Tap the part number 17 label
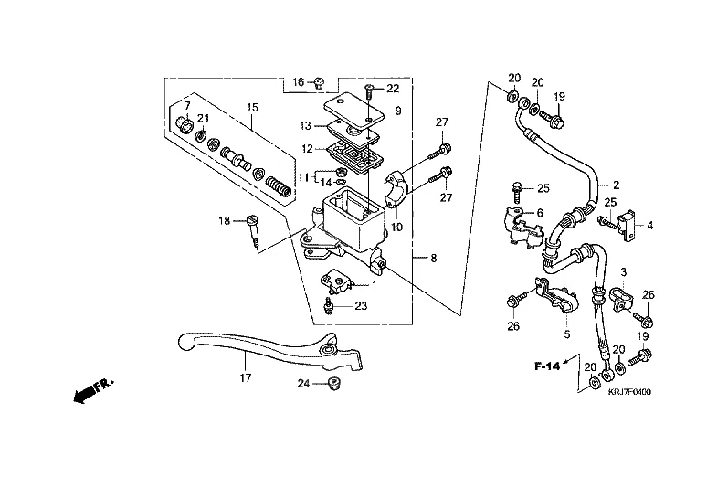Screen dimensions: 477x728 [x=245, y=376]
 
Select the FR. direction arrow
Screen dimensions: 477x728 [x=90, y=390]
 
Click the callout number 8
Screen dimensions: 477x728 [x=433, y=260]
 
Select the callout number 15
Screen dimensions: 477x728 [x=253, y=108]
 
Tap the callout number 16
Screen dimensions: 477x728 [x=298, y=83]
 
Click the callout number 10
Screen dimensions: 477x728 [x=396, y=227]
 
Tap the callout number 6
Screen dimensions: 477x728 [x=540, y=212]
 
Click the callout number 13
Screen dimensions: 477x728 [x=305, y=125]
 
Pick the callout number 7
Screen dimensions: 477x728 [x=186, y=106]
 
